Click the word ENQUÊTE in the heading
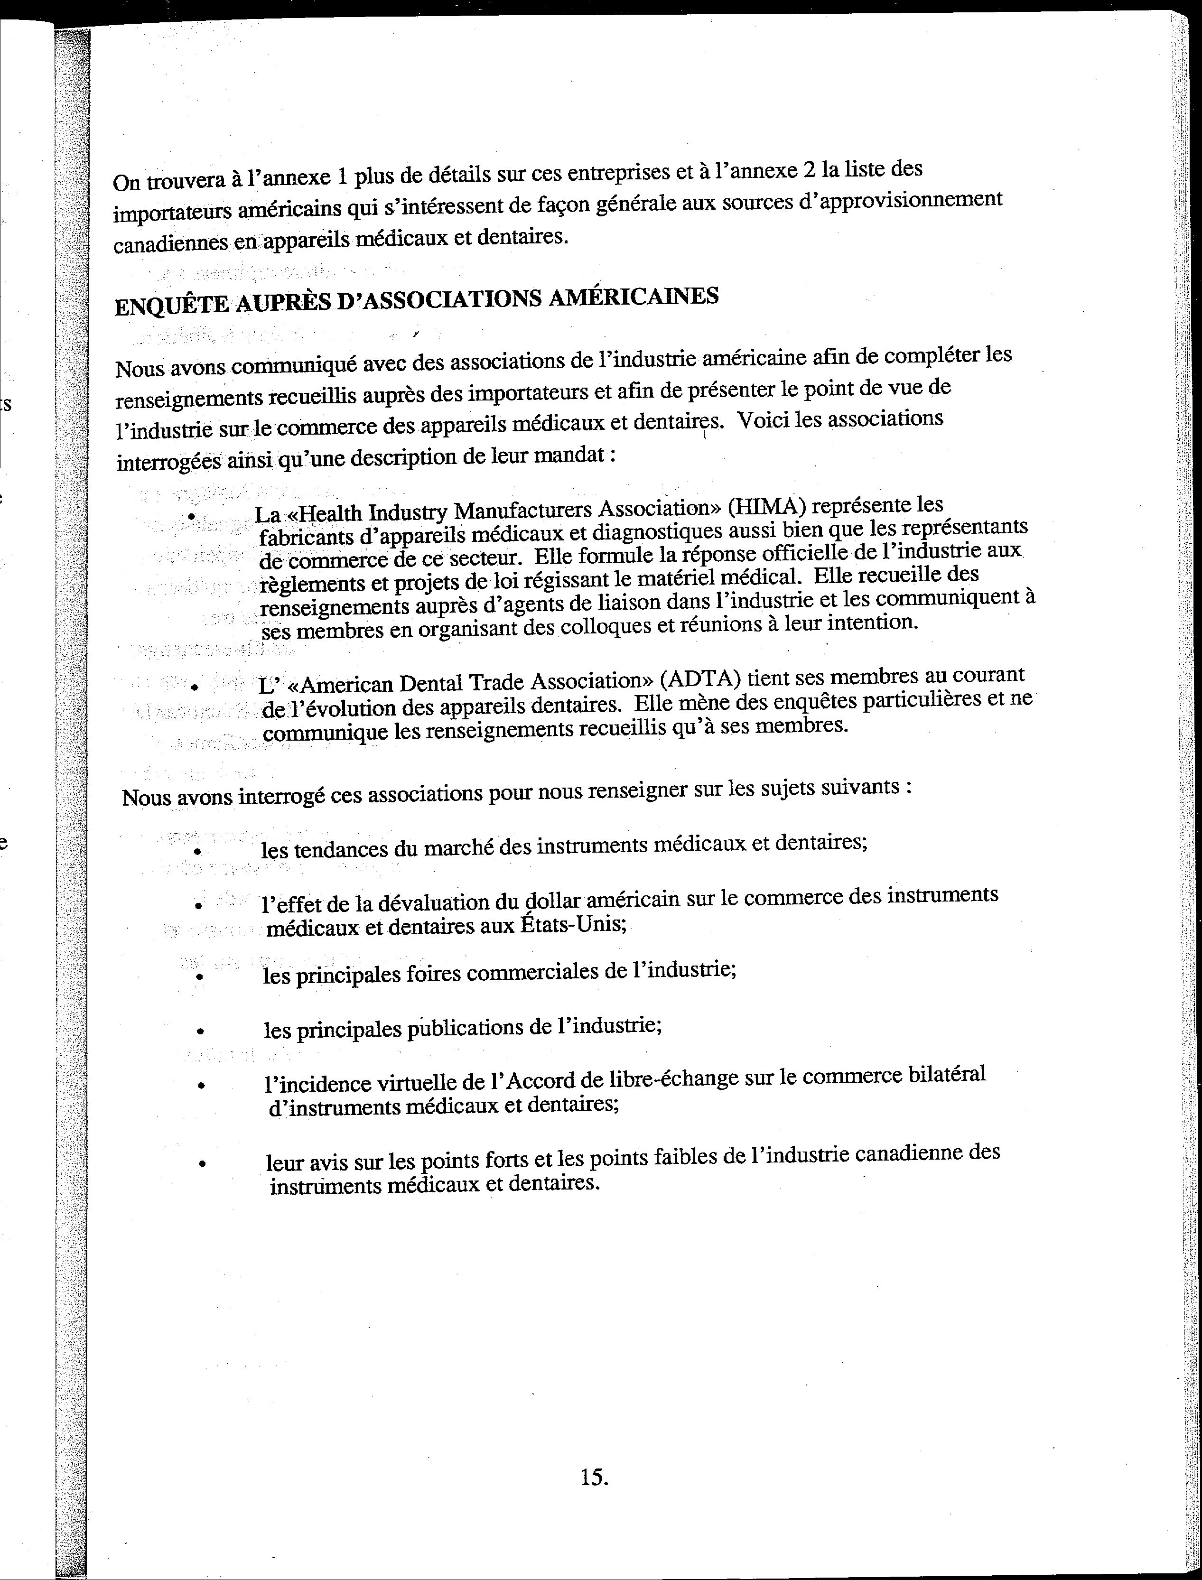(x=172, y=306)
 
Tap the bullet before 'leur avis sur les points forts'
(x=203, y=1164)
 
